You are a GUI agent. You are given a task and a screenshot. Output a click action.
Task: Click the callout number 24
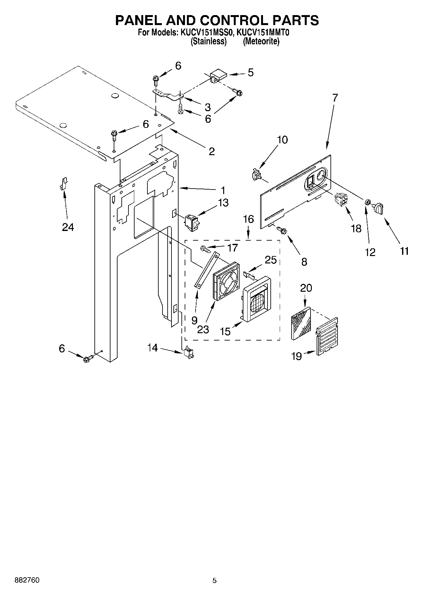click(68, 227)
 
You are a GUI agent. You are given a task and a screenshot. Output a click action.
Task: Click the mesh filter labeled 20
click(301, 323)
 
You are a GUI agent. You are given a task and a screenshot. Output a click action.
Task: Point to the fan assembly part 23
click(226, 281)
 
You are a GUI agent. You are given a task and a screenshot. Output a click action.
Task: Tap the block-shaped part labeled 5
click(218, 75)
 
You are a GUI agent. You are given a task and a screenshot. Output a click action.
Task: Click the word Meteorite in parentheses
click(261, 41)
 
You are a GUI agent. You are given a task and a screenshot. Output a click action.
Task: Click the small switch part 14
click(189, 353)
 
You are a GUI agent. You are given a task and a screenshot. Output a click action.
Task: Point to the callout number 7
click(335, 98)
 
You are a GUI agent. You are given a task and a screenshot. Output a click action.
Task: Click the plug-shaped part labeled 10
click(256, 174)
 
